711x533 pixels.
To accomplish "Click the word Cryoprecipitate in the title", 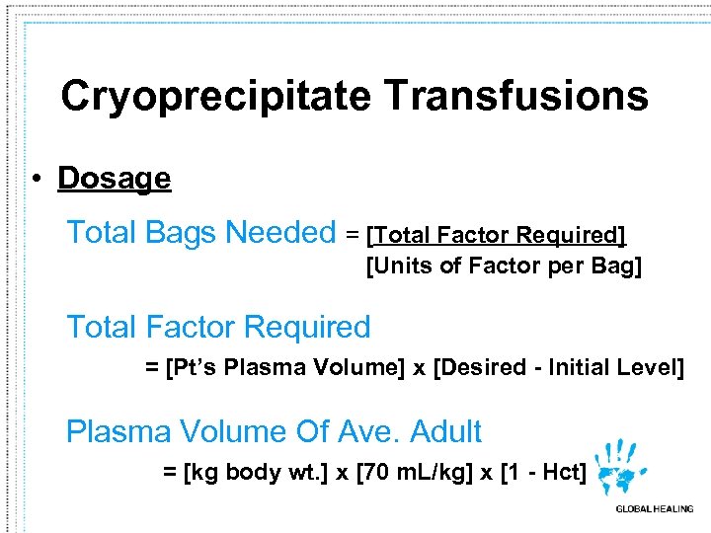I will (215, 97).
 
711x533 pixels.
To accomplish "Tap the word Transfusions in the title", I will (515, 97).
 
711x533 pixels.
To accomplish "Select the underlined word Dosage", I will (115, 179).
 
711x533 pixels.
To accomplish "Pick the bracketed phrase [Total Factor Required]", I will (497, 235).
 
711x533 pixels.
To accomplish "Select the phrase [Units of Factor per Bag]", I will (504, 266).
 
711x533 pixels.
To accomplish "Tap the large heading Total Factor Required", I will (218, 327).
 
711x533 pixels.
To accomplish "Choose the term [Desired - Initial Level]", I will (558, 368).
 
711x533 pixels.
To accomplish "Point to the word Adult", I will (445, 431).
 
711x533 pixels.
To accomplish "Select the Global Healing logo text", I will (654, 509).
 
